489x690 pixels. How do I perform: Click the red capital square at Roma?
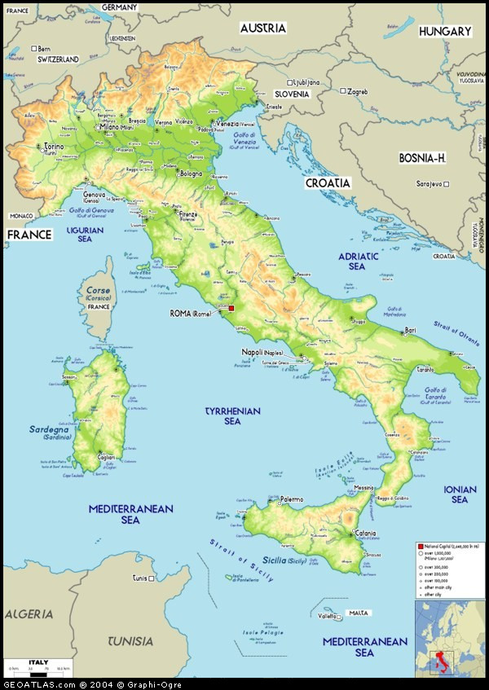coord(231,308)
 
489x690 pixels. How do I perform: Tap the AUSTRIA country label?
coord(262,28)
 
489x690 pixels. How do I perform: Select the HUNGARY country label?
coord(445,31)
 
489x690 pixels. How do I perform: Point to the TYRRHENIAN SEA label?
coord(232,416)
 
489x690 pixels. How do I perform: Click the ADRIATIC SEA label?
coord(357,261)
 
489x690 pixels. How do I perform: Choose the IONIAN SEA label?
coord(460,494)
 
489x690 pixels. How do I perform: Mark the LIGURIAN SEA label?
coord(85,235)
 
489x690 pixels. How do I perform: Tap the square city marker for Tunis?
coord(152,578)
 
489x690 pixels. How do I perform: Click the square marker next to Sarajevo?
coord(446,183)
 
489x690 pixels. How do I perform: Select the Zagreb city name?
coord(358,91)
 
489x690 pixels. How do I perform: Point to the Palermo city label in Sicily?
coord(291,499)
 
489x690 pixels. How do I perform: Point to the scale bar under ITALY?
coord(37,671)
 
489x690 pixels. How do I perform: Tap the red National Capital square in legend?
coord(420,545)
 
